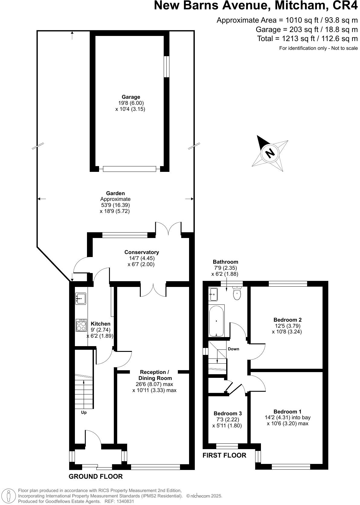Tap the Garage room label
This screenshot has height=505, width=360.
131,97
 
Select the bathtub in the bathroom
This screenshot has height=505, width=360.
216,320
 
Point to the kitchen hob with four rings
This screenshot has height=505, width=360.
81,325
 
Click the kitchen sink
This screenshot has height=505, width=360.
81,298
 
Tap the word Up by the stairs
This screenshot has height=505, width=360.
84,412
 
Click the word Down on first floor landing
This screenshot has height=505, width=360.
233,349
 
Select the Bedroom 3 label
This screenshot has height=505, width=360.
227,413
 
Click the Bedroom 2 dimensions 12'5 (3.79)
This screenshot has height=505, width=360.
288,326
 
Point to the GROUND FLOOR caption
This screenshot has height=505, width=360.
95,477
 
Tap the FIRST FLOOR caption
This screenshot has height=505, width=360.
224,455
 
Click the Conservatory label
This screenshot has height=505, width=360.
141,252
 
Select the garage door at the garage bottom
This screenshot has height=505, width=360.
129,169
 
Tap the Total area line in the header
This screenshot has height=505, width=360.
307,39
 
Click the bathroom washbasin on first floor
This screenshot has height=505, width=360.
213,294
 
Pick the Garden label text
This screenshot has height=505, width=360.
115,193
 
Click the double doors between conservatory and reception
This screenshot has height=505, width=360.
153,289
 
